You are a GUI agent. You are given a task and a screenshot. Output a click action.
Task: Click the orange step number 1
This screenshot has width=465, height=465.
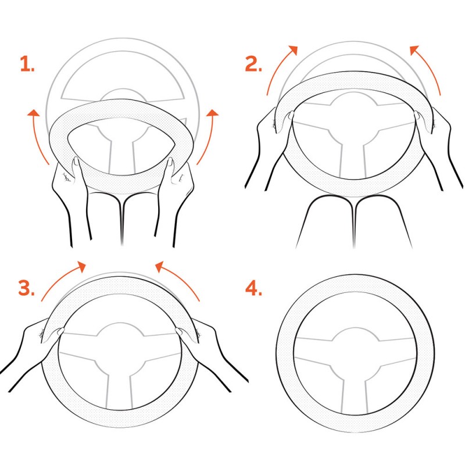(x=27, y=64)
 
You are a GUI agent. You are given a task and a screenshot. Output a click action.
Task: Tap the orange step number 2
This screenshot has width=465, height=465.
(x=253, y=64)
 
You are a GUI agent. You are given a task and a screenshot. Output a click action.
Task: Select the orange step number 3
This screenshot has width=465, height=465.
(x=27, y=288)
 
